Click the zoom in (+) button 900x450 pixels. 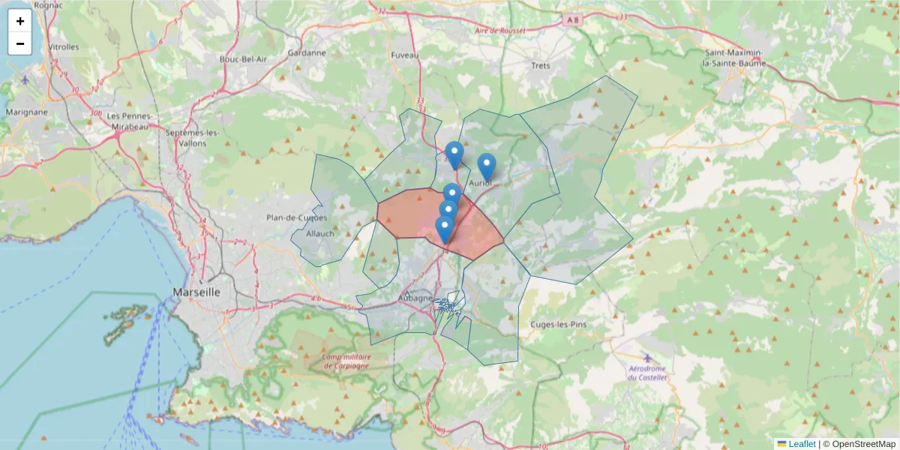(20, 21)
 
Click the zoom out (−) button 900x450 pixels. (20, 43)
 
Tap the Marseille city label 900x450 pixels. (196, 292)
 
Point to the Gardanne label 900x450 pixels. (307, 53)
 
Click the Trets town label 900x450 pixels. (541, 65)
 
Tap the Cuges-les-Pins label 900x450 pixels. (558, 324)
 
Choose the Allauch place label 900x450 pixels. (320, 234)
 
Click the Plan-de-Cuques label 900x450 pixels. (297, 218)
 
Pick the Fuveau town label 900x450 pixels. (405, 55)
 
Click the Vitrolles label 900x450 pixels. (64, 46)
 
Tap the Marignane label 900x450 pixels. (27, 112)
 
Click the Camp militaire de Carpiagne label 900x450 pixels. (346, 361)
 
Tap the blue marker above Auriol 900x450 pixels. (486, 166)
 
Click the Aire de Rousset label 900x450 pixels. (499, 31)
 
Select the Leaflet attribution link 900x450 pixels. (802, 444)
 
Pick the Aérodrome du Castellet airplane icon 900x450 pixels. (647, 357)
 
